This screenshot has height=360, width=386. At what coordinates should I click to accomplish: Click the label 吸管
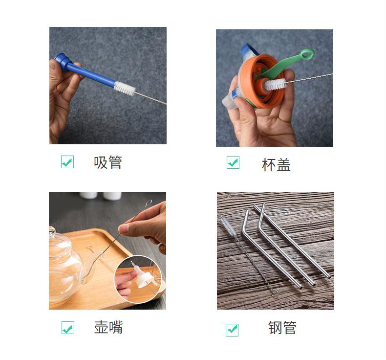[x=108, y=162]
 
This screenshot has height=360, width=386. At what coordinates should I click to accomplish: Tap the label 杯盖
[x=276, y=165]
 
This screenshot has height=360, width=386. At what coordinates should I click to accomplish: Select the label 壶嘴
[x=108, y=327]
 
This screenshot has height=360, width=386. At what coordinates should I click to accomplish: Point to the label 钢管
[x=282, y=328]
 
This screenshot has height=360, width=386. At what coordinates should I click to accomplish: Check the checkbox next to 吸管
[x=67, y=162]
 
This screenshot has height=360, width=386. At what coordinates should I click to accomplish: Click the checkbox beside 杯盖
[x=233, y=162]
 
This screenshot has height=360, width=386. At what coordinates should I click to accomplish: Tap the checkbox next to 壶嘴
[x=68, y=328]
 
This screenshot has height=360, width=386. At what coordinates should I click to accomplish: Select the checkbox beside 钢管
[x=232, y=330]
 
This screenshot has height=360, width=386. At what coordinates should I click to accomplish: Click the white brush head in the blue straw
[x=125, y=89]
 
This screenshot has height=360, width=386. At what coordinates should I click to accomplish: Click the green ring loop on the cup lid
[x=307, y=54]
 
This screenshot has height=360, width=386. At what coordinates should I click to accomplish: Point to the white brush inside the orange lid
[x=275, y=84]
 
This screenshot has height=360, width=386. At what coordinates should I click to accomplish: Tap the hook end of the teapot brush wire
[x=148, y=203]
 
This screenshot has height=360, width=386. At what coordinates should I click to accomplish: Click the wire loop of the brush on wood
[x=275, y=293]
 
